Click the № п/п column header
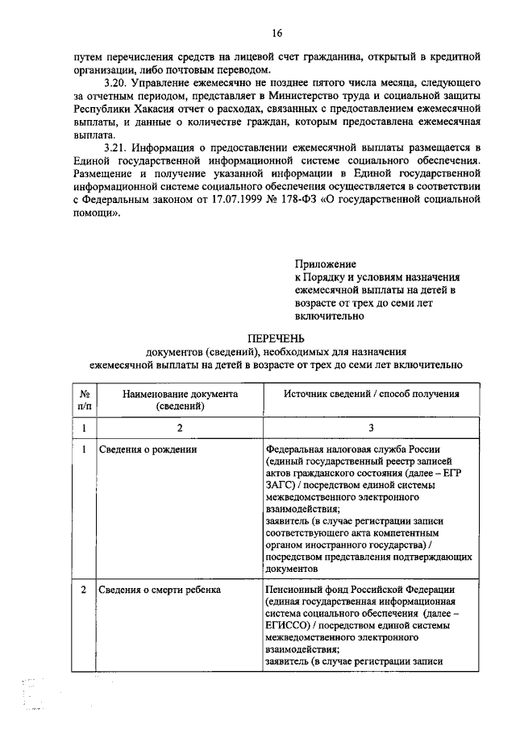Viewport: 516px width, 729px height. (x=85, y=400)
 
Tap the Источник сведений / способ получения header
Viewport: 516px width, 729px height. (x=372, y=395)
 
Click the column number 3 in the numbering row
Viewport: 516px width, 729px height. (x=372, y=428)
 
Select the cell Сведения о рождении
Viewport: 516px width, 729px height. (x=148, y=449)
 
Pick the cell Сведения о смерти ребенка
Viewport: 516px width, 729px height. (x=160, y=590)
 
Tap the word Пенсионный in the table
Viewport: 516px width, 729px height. (x=293, y=590)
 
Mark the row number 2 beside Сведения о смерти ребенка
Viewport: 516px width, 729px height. (x=85, y=590)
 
